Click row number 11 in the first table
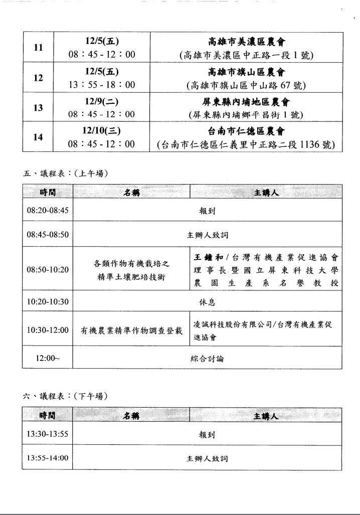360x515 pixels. click(38, 48)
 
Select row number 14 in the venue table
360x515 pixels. click(38, 137)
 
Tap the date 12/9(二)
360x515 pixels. click(101, 101)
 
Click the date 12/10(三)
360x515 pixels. click(101, 131)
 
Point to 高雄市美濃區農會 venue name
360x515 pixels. click(246, 42)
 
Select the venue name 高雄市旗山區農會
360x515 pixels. click(246, 72)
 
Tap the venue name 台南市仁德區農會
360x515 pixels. click(246, 131)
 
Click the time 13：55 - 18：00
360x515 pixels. click(102, 85)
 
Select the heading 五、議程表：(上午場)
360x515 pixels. click(66, 174)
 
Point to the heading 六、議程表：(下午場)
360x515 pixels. click(66, 396)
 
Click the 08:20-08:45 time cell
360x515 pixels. click(48, 211)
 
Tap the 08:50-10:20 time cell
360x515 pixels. click(48, 269)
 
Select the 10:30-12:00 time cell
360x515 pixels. click(48, 330)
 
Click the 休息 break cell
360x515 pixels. click(207, 302)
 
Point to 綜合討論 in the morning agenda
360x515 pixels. click(207, 359)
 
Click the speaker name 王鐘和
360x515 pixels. click(208, 258)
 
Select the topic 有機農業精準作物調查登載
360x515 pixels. click(131, 330)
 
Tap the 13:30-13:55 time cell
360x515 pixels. click(48, 434)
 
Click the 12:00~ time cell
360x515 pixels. click(48, 359)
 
